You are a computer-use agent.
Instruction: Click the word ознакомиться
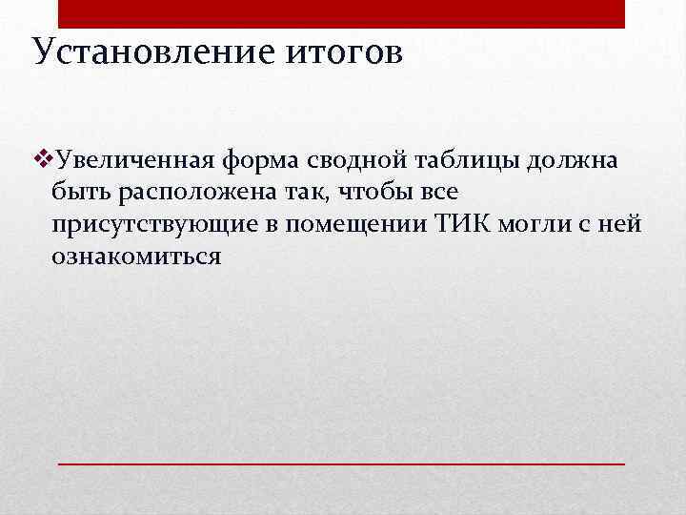(x=137, y=257)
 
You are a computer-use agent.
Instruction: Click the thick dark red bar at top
(x=342, y=13)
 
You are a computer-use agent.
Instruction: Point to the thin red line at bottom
(x=342, y=463)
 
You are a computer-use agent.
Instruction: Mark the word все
(x=438, y=192)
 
